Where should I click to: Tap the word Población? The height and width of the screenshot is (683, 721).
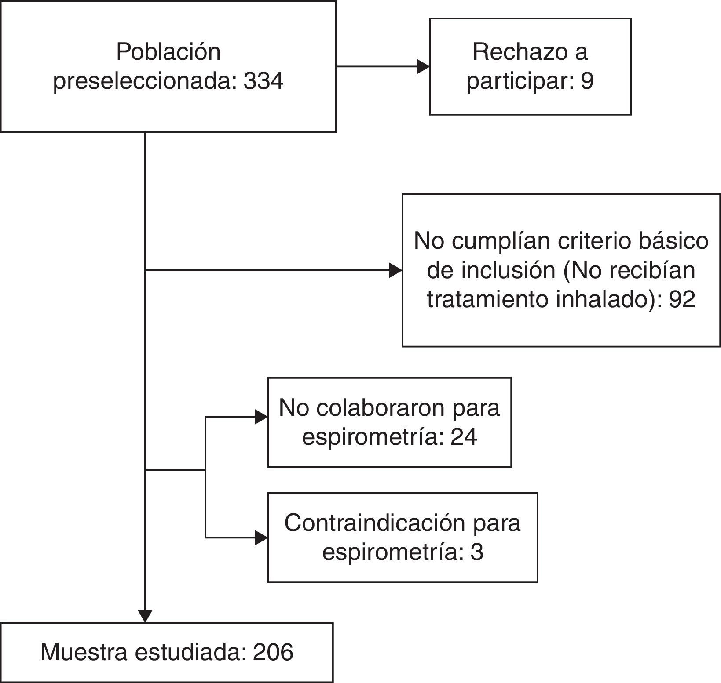(168, 52)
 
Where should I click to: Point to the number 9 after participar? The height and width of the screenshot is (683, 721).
(587, 81)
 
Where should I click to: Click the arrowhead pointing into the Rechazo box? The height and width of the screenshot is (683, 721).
(423, 67)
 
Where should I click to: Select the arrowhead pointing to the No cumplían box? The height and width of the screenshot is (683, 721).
(396, 270)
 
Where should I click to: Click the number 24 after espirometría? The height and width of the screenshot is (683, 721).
(464, 437)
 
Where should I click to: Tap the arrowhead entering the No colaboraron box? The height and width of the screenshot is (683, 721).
(262, 417)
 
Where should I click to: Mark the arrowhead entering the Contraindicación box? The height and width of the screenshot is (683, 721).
(262, 538)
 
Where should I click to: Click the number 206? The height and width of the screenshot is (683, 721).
(273, 652)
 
